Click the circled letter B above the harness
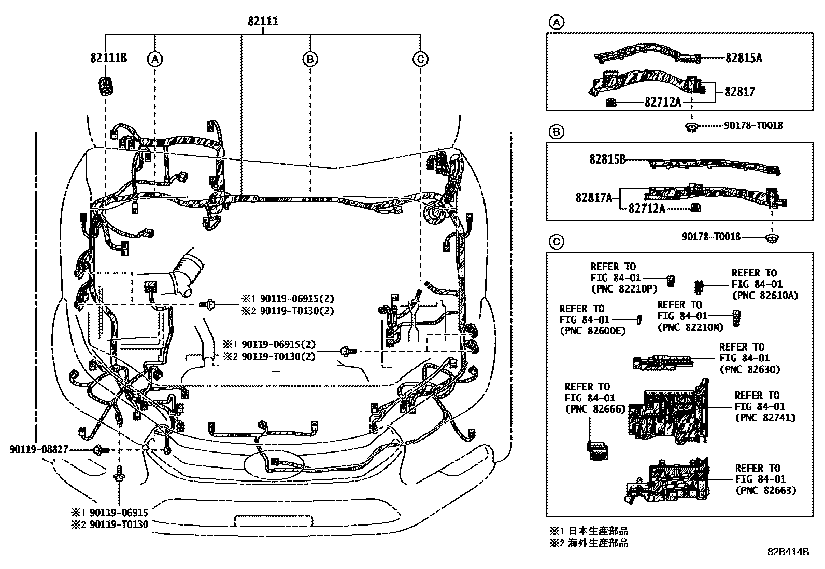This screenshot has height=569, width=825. [x=309, y=60]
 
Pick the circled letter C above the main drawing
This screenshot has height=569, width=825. [x=420, y=60]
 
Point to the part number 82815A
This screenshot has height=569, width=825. [x=743, y=58]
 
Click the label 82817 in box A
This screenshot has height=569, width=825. [x=739, y=92]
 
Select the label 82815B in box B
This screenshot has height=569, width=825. [x=607, y=159]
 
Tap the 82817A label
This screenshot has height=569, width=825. [x=594, y=197]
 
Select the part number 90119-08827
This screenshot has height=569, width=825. [x=38, y=449]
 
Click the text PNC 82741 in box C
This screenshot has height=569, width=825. [x=765, y=418]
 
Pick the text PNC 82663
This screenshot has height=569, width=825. [x=765, y=491]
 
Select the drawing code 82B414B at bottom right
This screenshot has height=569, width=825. [x=788, y=552]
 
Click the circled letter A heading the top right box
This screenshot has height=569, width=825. [x=556, y=22]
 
